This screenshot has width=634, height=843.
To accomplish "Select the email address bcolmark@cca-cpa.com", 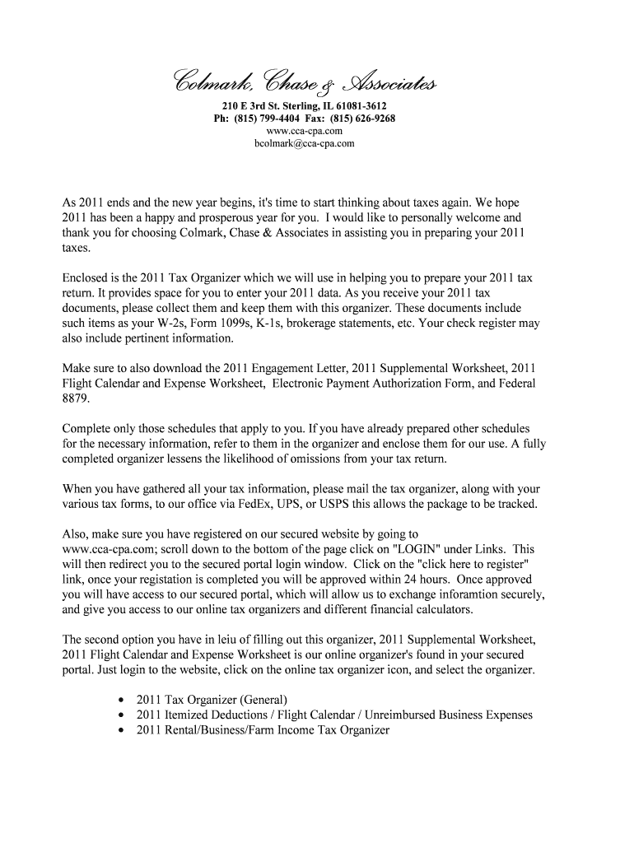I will [x=305, y=143].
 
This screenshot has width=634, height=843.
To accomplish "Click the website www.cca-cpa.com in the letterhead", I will [x=305, y=131].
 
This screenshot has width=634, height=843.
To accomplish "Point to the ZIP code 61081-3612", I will [x=357, y=107].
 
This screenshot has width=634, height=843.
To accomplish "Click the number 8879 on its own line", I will [x=76, y=398].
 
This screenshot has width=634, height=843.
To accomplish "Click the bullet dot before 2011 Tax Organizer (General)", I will [x=121, y=701].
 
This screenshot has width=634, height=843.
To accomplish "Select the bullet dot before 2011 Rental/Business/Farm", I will [x=121, y=731].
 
